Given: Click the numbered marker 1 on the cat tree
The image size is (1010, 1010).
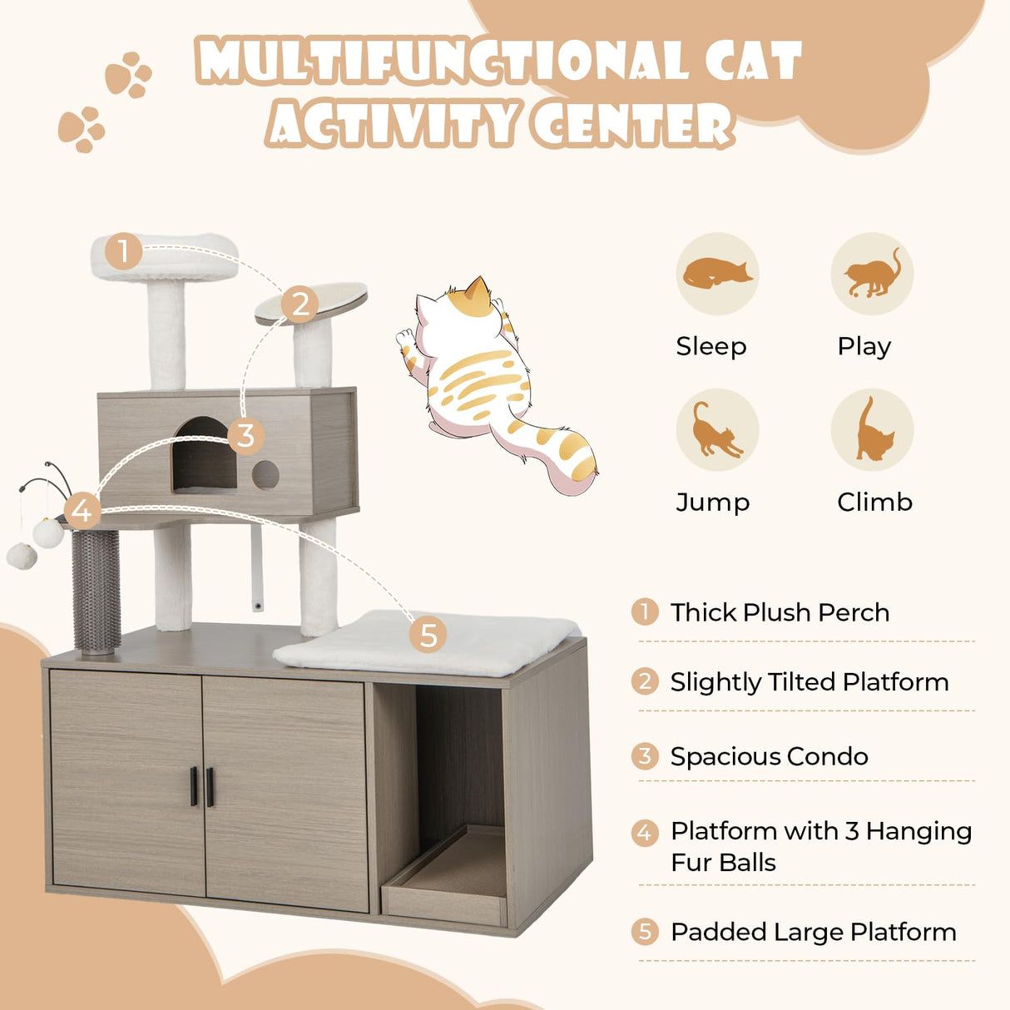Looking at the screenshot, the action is [123, 250].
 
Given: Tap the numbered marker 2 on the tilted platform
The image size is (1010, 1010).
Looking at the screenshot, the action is [300, 304].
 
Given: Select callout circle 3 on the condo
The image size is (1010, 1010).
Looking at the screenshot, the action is [245, 435].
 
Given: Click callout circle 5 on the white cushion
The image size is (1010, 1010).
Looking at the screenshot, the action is [428, 635].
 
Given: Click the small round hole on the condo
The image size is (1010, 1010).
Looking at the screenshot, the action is [265, 474].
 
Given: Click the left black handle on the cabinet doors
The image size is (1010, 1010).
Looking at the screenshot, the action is [194, 786].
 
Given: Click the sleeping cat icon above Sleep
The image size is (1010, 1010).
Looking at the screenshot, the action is [716, 274].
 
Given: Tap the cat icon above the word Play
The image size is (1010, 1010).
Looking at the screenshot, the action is [872, 274].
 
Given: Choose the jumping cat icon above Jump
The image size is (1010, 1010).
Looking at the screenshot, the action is [716, 430].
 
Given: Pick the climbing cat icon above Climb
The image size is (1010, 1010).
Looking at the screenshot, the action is [872, 430].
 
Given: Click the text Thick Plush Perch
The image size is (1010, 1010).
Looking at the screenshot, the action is [780, 612].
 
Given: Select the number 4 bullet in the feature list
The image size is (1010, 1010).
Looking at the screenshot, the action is [645, 831].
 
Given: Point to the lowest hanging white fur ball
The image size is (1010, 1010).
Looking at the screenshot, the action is [22, 556].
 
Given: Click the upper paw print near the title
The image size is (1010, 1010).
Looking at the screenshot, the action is [128, 75].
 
